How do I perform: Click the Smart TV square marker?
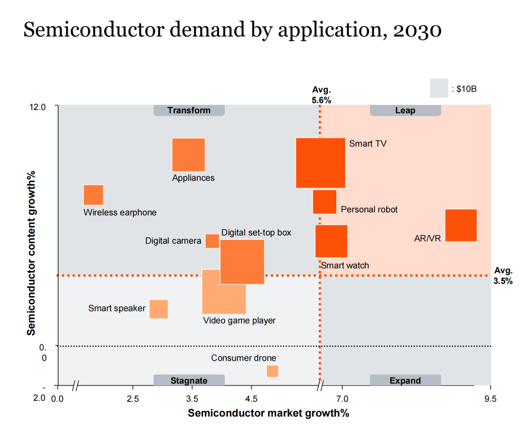point(320,163)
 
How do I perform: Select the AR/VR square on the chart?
point(461,225)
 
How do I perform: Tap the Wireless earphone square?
point(94,195)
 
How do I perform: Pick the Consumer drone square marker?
point(273,371)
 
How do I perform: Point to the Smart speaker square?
point(159,309)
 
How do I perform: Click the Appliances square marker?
point(189,155)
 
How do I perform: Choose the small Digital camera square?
point(212,241)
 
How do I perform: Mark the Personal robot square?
point(325,202)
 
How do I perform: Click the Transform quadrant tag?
point(189,110)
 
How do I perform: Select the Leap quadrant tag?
point(405,110)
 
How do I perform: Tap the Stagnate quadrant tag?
point(189,381)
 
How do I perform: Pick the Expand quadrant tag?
point(405,381)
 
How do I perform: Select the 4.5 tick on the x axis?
point(251,398)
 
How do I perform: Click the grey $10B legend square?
point(439,89)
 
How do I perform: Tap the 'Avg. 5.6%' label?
point(322,95)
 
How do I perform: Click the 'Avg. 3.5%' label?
point(503,276)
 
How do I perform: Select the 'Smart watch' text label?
point(345,265)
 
